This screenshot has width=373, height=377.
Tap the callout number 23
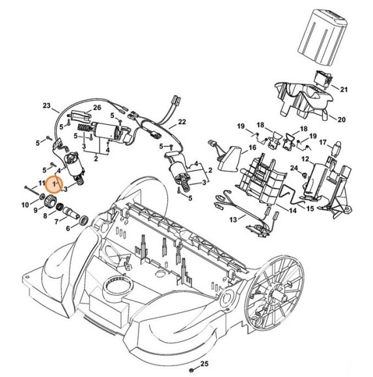click(46, 105)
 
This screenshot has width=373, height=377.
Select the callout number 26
click(97, 108)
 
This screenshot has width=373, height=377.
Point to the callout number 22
click(182, 122)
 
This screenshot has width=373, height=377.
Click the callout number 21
click(344, 89)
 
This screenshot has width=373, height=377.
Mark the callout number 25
click(204, 363)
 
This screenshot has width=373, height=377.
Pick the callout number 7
click(56, 222)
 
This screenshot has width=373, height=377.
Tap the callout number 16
click(251, 149)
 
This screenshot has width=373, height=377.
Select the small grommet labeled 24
click(301, 172)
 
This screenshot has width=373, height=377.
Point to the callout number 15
click(310, 209)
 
